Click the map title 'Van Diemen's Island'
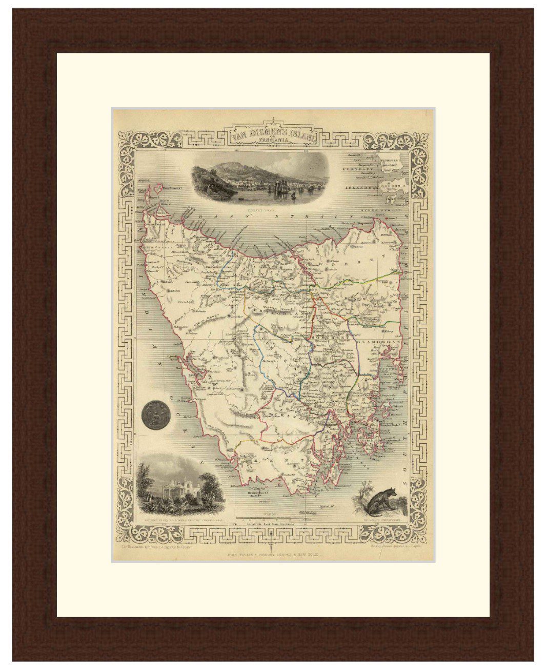[273, 135]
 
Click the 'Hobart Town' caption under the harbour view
[273, 209]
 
